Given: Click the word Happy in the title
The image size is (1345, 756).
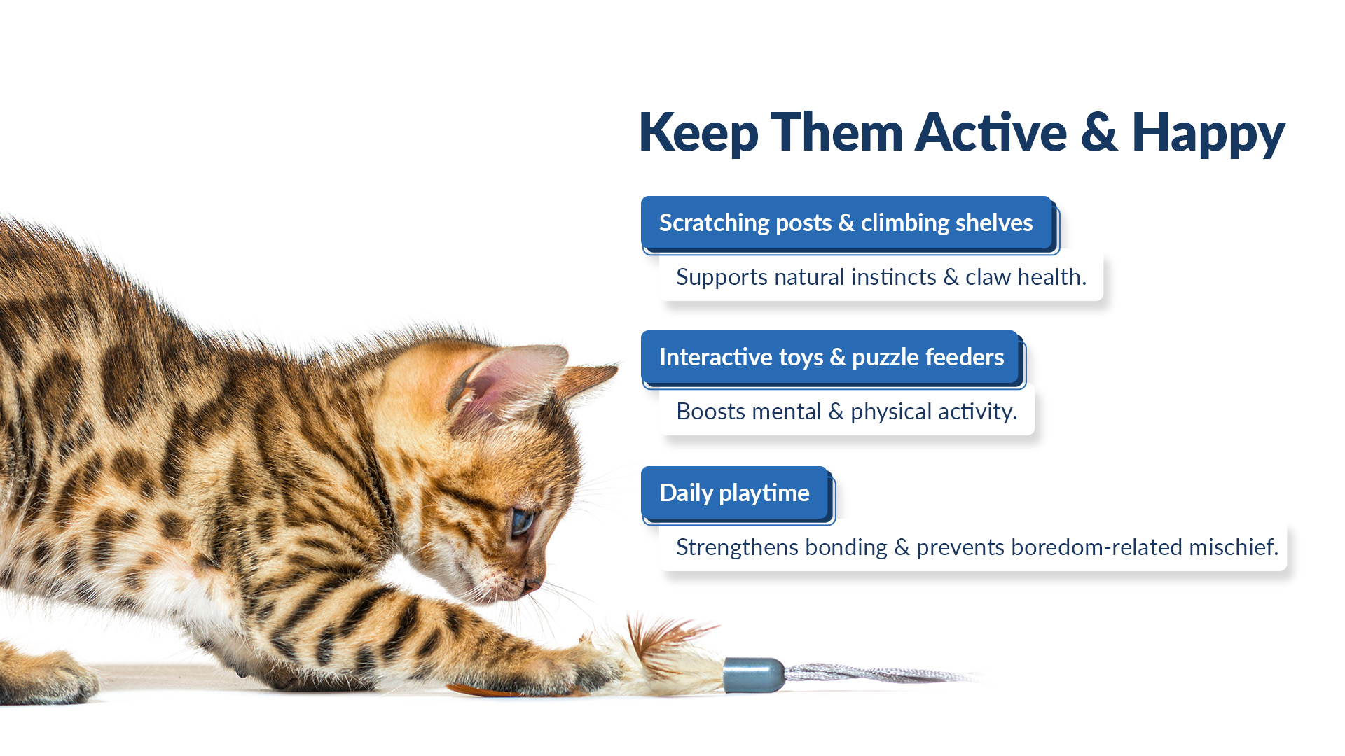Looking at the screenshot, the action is pyautogui.click(x=1208, y=133).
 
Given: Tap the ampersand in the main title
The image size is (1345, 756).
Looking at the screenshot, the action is pyautogui.click(x=1099, y=132).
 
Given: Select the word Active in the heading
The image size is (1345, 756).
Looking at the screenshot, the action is pyautogui.click(x=991, y=132).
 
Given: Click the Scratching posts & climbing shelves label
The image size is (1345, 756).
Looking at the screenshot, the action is pyautogui.click(x=846, y=223).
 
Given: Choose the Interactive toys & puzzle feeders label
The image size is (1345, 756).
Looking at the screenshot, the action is pyautogui.click(x=831, y=357).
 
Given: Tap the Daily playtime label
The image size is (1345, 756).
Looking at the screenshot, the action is pyautogui.click(x=735, y=493).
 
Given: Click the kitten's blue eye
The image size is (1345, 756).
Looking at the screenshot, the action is pyautogui.click(x=521, y=521).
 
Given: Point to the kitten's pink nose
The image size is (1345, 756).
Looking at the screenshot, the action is pyautogui.click(x=532, y=583).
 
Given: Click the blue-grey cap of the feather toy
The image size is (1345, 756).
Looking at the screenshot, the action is pyautogui.click(x=754, y=675).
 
